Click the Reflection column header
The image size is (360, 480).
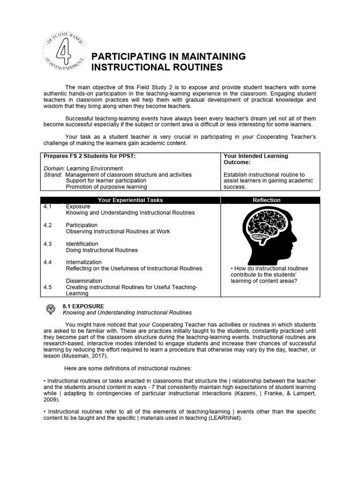point(266,200)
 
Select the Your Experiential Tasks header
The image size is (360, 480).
point(130,200)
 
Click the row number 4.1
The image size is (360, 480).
point(47,206)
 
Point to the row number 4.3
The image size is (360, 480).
point(47,244)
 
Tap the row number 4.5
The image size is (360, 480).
point(47,287)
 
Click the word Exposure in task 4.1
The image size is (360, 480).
point(78,206)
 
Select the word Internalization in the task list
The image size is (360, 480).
point(83,262)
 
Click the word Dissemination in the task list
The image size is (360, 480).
point(84,281)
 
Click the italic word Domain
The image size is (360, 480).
point(54,168)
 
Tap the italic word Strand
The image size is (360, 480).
point(52,174)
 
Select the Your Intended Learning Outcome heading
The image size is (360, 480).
point(255,159)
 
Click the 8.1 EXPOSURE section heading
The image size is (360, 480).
point(83,306)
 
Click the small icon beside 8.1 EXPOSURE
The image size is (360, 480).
point(51,309)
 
